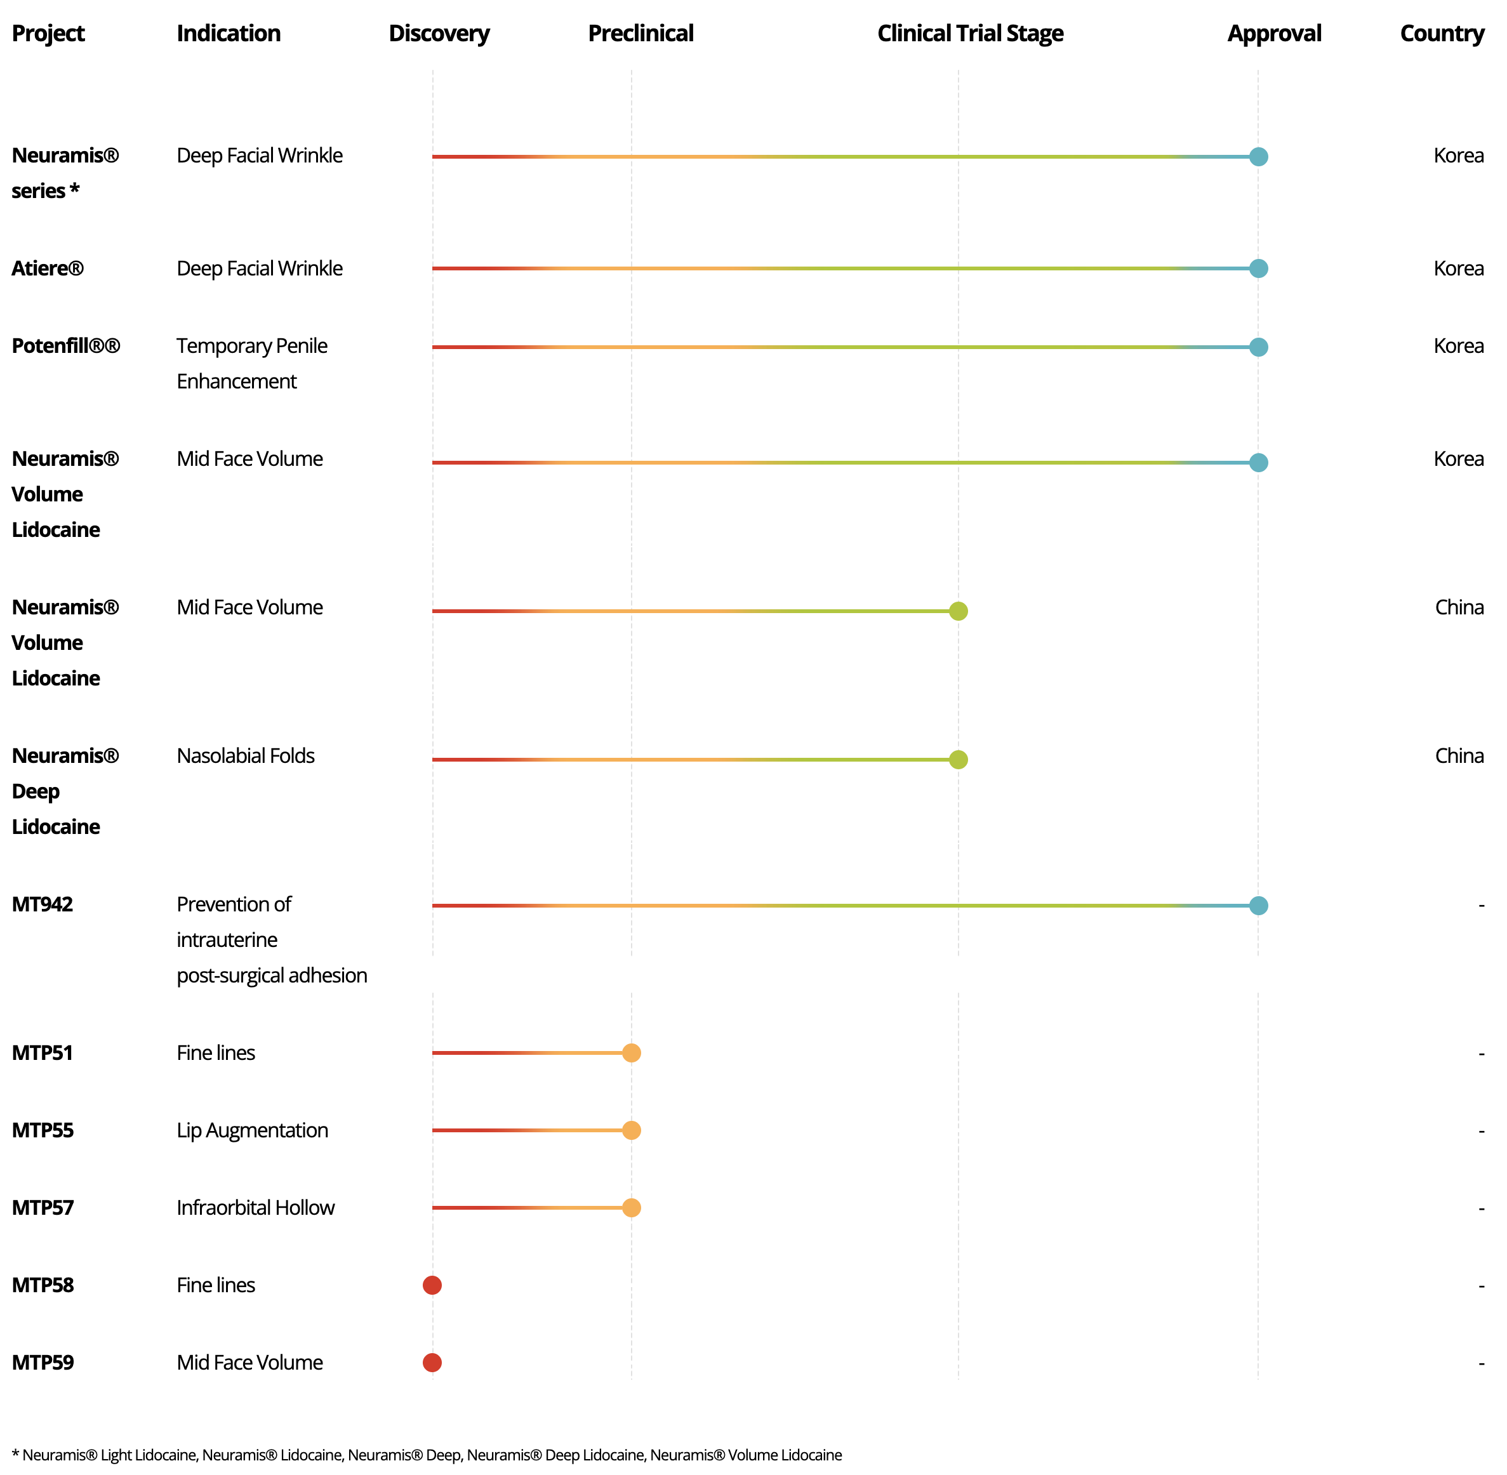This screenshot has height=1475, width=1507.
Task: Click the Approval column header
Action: pos(1274,33)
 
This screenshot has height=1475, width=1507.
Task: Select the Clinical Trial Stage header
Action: pos(969,33)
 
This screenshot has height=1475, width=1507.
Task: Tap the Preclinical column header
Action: pos(640,33)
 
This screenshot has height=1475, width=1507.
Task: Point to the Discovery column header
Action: pos(439,33)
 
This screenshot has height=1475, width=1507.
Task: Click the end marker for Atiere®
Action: pos(1258,268)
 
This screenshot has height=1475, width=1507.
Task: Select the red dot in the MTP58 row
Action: pos(432,1285)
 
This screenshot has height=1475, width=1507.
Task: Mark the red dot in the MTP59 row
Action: pos(432,1363)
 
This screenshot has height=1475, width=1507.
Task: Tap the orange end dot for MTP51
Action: pos(632,1053)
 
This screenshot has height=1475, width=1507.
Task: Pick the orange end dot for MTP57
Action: pos(632,1208)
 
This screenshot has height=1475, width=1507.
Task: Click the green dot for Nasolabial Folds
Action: pos(959,759)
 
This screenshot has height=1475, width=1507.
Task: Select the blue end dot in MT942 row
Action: pos(1258,906)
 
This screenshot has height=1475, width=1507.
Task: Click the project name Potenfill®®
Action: pos(66,345)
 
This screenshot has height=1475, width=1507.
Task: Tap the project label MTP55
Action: pos(43,1130)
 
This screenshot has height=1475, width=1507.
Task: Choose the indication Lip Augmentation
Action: pos(252,1130)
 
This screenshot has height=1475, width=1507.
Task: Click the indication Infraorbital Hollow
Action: pos(255,1208)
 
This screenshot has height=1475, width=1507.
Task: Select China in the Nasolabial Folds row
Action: pos(1459,756)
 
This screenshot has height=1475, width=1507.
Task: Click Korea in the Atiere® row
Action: pos(1458,268)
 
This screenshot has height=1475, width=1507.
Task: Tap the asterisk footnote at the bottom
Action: pos(426,1455)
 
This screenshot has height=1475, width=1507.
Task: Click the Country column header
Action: pos(1441,33)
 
